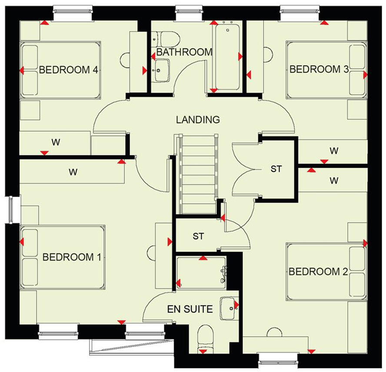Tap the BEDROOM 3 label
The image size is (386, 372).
tap(319, 69)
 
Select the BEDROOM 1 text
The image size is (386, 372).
tap(72, 257)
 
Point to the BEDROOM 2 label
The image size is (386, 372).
tap(319, 272)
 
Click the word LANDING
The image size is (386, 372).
tap(198, 120)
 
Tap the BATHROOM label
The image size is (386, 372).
tap(184, 52)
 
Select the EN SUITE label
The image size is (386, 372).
tap(190, 309)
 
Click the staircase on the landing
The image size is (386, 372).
tap(198, 174)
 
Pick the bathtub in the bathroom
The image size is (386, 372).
tap(226, 56)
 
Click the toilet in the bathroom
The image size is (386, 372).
tap(167, 39)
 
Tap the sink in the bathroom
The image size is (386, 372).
tap(162, 69)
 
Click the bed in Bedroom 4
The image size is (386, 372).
tap(61, 70)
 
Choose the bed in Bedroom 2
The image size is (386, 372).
tap(326, 272)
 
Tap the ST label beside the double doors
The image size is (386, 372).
tap(276, 169)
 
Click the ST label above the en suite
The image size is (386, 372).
tap(199, 237)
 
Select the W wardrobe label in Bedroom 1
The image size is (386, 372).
tap(73, 172)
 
